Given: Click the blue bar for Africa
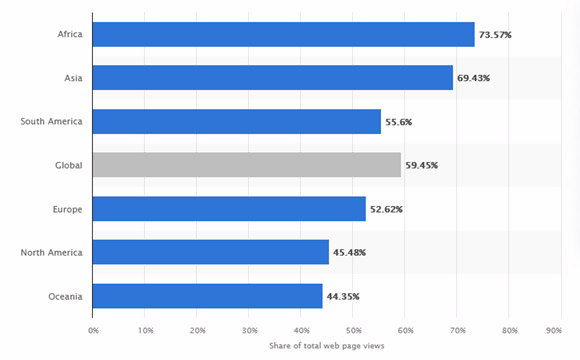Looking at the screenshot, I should click(x=283, y=34).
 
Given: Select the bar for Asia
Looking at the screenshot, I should click(x=272, y=77).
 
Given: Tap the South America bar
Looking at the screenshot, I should click(x=236, y=121).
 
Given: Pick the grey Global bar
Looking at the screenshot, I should click(x=246, y=165).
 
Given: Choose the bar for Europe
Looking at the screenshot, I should click(x=229, y=208).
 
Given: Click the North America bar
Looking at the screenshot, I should click(x=210, y=252).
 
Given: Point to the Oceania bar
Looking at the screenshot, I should click(x=207, y=295).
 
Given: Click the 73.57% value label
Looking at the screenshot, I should click(x=497, y=35).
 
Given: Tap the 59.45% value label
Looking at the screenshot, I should click(x=424, y=165).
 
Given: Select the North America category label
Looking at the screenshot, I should click(x=52, y=252).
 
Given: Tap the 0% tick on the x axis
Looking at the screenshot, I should click(x=93, y=329).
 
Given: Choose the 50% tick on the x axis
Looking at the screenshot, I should click(x=353, y=329).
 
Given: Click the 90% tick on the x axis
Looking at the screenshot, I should click(x=561, y=329).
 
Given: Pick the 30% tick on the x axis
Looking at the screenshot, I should click(x=249, y=329).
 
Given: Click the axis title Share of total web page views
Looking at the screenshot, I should click(x=326, y=346).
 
